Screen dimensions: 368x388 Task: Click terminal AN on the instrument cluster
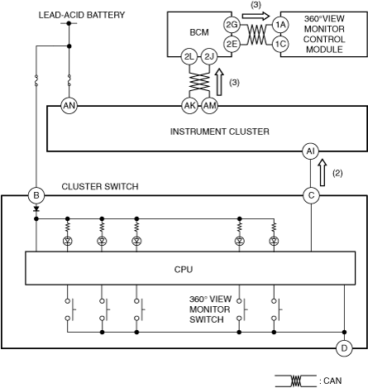coord(69,106)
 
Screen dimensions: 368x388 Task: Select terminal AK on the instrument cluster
coord(189,106)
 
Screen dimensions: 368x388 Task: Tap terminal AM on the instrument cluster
coord(209,106)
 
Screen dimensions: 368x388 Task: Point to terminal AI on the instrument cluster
coord(311,151)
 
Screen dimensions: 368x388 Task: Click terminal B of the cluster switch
coord(36,195)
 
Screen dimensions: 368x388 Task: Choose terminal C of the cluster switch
coord(311,195)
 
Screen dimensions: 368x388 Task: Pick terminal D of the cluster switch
coord(344,348)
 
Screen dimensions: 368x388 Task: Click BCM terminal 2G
coord(232,25)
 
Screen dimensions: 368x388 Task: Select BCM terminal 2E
coord(232,44)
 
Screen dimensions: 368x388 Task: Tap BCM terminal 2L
coord(189,57)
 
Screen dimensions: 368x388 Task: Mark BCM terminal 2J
coord(209,57)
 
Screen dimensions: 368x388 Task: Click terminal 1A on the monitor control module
coord(280,25)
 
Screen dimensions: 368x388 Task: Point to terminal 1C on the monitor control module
coord(280,44)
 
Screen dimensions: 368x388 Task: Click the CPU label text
coord(184,270)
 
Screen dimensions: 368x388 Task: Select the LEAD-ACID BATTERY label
coord(82,15)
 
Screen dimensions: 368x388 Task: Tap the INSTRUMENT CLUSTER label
coord(220,132)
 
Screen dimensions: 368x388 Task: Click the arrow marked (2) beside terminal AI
coord(323,173)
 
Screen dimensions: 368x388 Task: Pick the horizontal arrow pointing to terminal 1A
coord(256,16)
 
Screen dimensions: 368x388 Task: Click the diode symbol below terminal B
coord(36,209)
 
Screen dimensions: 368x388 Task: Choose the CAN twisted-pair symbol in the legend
coord(296,381)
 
